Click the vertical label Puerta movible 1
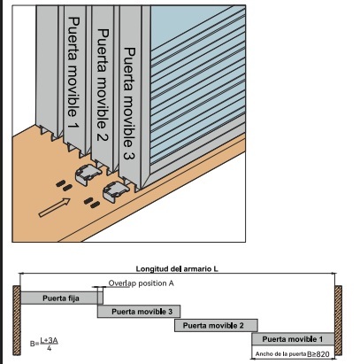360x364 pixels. pos(73,73)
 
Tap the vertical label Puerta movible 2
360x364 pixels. pos(103,85)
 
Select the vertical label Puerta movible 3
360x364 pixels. pos(129,104)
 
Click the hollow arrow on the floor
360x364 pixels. pos(55,207)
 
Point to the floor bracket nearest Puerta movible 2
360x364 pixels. pos(88,174)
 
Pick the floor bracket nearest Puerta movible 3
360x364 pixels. pos(115,191)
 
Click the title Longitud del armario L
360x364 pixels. pos(177,269)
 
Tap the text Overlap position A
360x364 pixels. pos(141,283)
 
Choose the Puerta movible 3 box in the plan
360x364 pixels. pos(139,312)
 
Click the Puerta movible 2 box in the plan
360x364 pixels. pos(216,325)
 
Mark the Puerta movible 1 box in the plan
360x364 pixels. pos(293,339)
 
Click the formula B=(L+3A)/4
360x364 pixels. pos(44,344)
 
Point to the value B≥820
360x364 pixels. pos(318,354)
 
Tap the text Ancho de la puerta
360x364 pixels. pos(281,354)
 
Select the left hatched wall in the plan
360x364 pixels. pos(17,321)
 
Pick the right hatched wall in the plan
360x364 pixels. pos(339,321)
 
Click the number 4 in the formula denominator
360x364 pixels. pos(49,348)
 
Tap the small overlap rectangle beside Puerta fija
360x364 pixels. pos(100,296)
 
